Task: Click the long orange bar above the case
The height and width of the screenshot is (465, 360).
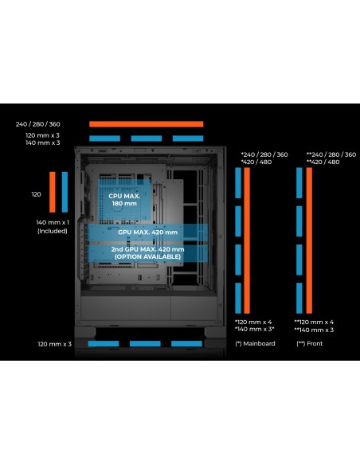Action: coord(147,124)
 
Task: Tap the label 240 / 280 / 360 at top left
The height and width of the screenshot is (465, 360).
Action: coord(38,124)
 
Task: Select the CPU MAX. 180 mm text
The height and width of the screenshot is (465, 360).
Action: coord(124,200)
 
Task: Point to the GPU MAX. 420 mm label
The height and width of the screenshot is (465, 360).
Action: coord(147,232)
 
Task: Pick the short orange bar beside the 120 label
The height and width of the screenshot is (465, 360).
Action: coord(53,192)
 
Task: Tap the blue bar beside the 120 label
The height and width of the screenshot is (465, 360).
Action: coord(65,192)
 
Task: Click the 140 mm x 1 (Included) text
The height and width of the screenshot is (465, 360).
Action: coord(53,227)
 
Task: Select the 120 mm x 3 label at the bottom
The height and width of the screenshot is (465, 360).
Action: coord(55,344)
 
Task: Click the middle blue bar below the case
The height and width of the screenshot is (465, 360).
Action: coord(145,344)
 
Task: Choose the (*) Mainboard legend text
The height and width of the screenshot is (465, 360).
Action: coord(255,343)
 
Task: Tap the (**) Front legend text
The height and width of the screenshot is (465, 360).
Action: coord(309,343)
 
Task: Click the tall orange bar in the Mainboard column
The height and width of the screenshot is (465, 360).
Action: coord(247,240)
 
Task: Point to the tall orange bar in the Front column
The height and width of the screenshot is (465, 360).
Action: coord(309,240)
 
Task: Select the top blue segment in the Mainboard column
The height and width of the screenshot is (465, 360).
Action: coord(238,182)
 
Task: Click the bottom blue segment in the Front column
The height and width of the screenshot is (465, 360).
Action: coord(299,298)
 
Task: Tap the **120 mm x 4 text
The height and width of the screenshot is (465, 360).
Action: coord(314,322)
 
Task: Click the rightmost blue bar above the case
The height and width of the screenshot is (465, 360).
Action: coord(188,139)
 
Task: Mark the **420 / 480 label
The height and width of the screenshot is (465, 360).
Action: coord(323,162)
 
